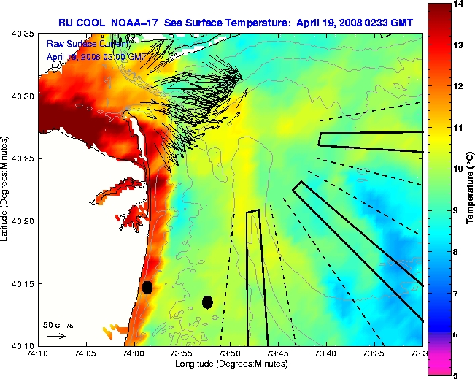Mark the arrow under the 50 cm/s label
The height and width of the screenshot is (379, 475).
[55, 336]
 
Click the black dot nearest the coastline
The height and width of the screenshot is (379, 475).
[147, 287]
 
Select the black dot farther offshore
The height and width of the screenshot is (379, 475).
[207, 302]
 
